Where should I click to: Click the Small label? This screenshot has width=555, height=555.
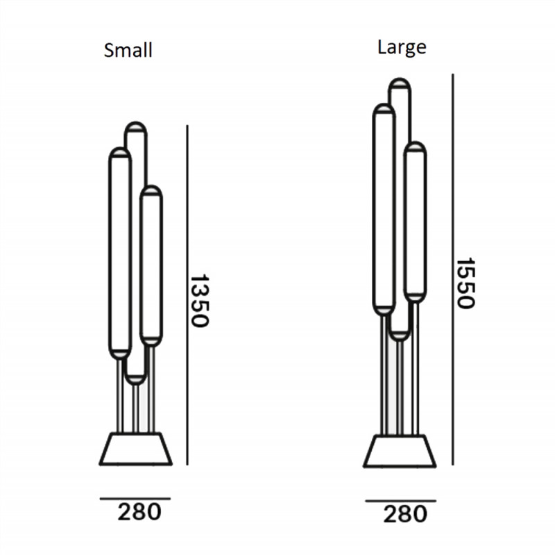click(x=128, y=50)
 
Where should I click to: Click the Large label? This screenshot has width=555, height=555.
click(x=402, y=47)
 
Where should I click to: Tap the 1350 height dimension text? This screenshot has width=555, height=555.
click(x=199, y=300)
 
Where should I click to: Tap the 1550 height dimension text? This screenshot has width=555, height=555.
click(x=464, y=283)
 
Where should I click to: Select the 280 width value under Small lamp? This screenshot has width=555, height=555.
click(x=139, y=512)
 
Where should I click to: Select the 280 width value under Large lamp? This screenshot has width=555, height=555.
click(x=404, y=514)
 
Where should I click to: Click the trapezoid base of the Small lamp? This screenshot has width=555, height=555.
click(x=135, y=449)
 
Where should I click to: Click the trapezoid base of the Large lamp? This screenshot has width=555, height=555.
click(x=400, y=450)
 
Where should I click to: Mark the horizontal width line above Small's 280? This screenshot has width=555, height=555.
click(x=135, y=498)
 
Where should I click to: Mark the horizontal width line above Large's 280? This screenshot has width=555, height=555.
click(x=400, y=500)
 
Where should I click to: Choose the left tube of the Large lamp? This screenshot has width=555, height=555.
click(x=384, y=208)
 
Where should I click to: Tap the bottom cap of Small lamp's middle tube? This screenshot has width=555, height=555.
click(x=136, y=379)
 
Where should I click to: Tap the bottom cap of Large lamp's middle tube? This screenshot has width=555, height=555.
click(x=399, y=335)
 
